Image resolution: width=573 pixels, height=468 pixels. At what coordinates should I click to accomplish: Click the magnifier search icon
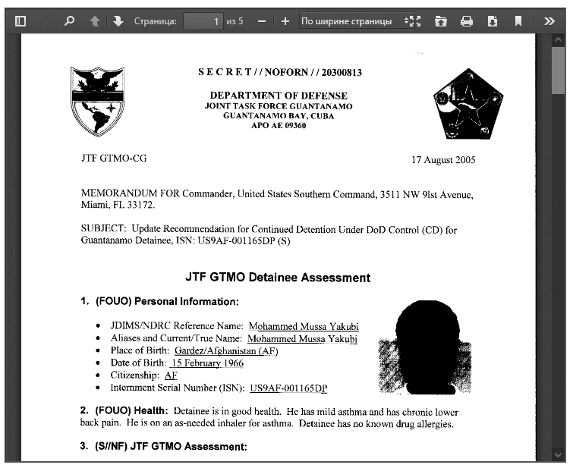pyautogui.click(x=69, y=21)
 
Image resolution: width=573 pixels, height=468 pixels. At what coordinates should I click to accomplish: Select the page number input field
pyautogui.click(x=203, y=21)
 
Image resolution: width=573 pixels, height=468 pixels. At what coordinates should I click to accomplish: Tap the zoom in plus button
pyautogui.click(x=285, y=21)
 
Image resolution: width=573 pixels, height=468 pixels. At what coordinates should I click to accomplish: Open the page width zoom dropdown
pyautogui.click(x=351, y=21)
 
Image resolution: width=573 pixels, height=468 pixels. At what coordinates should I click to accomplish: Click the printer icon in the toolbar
pyautogui.click(x=467, y=21)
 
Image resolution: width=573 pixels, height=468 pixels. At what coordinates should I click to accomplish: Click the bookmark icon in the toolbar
pyautogui.click(x=518, y=21)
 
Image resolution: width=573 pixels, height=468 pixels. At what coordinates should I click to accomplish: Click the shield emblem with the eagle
pyautogui.click(x=96, y=101)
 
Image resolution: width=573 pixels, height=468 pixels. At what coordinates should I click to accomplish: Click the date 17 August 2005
pyautogui.click(x=443, y=160)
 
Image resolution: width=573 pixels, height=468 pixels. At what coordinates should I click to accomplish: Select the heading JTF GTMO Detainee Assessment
pyautogui.click(x=278, y=278)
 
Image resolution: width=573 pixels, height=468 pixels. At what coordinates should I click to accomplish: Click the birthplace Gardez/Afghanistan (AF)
pyautogui.click(x=226, y=350)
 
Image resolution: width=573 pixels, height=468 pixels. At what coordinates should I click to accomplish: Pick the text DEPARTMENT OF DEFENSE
pyautogui.click(x=279, y=96)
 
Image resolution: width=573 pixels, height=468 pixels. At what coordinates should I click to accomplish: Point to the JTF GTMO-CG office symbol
pyautogui.click(x=113, y=159)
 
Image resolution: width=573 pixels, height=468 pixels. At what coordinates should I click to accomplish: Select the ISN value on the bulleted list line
pyautogui.click(x=288, y=388)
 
